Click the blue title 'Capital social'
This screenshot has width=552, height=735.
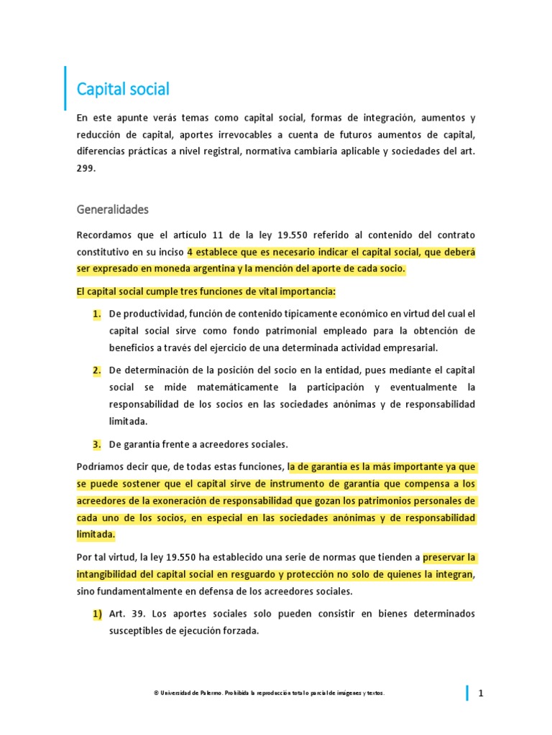(x=123, y=90)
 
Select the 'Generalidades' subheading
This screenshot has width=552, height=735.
(x=112, y=210)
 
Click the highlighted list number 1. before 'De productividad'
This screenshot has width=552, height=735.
(x=96, y=314)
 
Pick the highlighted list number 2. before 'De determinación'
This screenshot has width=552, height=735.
(x=96, y=370)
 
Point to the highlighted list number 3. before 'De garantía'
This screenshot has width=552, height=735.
(x=96, y=444)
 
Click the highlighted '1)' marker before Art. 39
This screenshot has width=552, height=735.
(x=96, y=614)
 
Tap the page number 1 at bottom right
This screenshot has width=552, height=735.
(x=481, y=693)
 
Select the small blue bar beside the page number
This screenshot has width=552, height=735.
(x=467, y=693)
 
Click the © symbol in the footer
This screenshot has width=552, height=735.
(x=156, y=693)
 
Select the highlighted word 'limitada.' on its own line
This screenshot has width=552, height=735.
(x=95, y=534)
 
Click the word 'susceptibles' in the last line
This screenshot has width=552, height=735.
(x=136, y=632)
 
